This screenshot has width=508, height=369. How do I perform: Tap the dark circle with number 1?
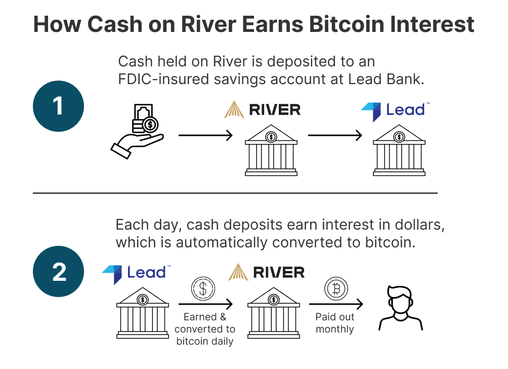click(x=58, y=106)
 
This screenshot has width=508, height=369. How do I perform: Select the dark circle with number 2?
click(x=58, y=271)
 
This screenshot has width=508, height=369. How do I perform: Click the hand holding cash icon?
click(x=137, y=131)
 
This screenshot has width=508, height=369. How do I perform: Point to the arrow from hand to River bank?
click(x=205, y=135)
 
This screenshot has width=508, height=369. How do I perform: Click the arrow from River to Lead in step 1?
click(x=335, y=135)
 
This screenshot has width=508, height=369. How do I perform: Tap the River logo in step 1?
click(x=262, y=109)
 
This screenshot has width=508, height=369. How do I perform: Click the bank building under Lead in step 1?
click(x=399, y=150)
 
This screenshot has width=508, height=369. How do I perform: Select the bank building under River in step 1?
click(x=271, y=150)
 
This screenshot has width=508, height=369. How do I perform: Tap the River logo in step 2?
click(x=266, y=272)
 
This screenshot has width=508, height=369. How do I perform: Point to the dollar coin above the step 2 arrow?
click(x=203, y=288)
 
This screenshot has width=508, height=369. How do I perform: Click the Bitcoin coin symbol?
click(x=336, y=288)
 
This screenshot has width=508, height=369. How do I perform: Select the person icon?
click(x=401, y=308)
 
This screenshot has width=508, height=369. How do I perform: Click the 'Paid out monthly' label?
click(x=335, y=323)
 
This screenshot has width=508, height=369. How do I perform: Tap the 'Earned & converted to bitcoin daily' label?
click(x=205, y=329)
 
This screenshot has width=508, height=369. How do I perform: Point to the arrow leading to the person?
click(x=336, y=304)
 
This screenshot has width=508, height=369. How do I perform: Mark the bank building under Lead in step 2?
click(x=143, y=313)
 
